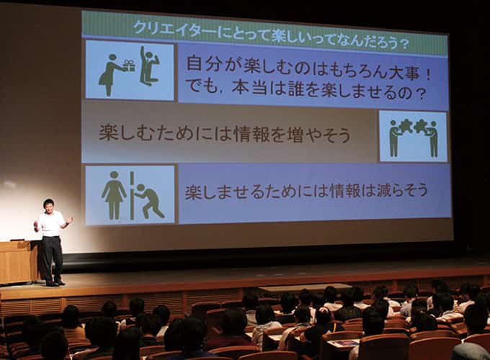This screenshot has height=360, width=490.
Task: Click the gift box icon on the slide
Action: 129,66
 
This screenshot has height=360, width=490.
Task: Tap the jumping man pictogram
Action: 148,66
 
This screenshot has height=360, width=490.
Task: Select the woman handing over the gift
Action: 110,75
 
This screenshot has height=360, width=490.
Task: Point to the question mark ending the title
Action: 404,44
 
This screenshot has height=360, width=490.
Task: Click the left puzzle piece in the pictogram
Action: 406,125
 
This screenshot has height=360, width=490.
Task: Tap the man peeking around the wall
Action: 148,202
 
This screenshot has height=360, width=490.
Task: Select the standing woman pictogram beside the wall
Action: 114,195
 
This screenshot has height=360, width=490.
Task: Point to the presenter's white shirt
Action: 50,224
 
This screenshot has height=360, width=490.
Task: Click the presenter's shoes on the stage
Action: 55,283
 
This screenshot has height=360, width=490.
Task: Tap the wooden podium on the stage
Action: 19,261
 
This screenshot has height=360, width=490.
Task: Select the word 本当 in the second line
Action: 249,88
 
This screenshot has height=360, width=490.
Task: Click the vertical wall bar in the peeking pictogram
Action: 132,195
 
